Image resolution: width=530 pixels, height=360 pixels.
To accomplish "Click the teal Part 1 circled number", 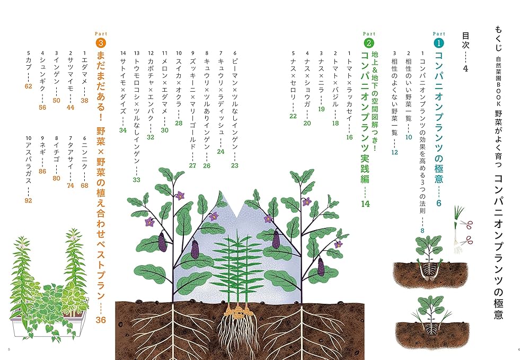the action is [x=438, y=43].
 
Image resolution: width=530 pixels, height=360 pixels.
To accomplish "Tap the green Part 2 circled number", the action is [x=369, y=43].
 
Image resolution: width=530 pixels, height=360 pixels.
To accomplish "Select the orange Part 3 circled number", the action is [x=101, y=43].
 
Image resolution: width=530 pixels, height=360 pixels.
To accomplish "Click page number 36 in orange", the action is [x=101, y=319].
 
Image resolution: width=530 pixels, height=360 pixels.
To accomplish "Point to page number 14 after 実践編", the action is [x=365, y=204].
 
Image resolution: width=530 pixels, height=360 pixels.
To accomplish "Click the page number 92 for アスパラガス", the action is [x=29, y=200].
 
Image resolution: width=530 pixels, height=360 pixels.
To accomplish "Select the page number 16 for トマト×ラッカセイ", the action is [x=349, y=137].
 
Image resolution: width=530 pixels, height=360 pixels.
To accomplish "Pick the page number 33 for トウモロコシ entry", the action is [x=136, y=180].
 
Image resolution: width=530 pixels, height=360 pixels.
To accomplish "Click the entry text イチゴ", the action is [x=57, y=152].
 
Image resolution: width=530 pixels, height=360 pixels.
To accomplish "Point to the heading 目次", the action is [x=466, y=40].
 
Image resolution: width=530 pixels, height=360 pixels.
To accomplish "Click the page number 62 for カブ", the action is [x=29, y=86].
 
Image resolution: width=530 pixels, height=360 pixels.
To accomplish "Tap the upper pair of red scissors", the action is [x=466, y=224].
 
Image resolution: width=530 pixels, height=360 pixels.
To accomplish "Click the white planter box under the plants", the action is [x=47, y=326].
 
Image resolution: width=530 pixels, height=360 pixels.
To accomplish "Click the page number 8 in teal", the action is [x=422, y=231].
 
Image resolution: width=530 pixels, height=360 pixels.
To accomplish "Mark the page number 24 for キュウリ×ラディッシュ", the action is [x=220, y=152].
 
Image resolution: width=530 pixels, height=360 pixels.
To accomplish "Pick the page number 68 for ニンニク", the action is [x=84, y=185].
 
